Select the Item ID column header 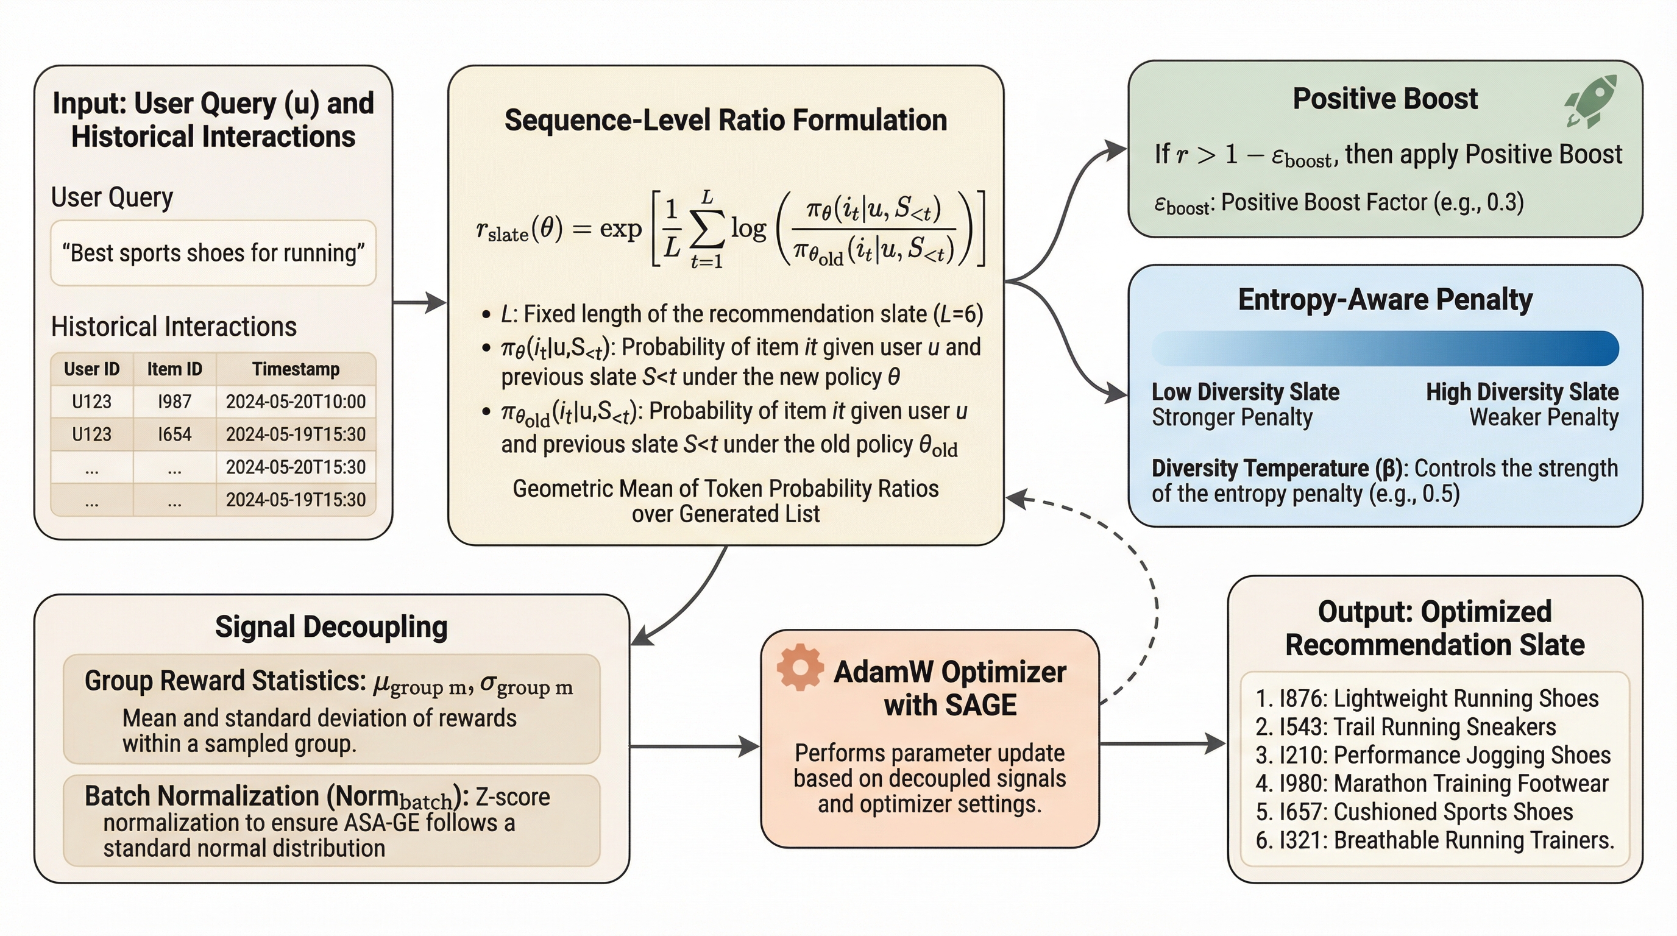[174, 369]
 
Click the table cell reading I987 [174, 402]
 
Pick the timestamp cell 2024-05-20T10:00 [296, 402]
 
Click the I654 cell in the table [174, 434]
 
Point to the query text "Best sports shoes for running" [213, 252]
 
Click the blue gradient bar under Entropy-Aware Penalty [1384, 347]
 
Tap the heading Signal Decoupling [331, 627]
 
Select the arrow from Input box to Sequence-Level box [420, 302]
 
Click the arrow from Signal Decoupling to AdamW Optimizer [694, 746]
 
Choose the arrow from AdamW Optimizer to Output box [1163, 743]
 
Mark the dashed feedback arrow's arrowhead [1017, 500]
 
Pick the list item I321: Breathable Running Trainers [1434, 840]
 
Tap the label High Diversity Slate [1522, 392]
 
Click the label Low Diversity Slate [1246, 392]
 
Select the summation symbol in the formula [707, 229]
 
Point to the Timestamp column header [296, 369]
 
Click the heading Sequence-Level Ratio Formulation [725, 121]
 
